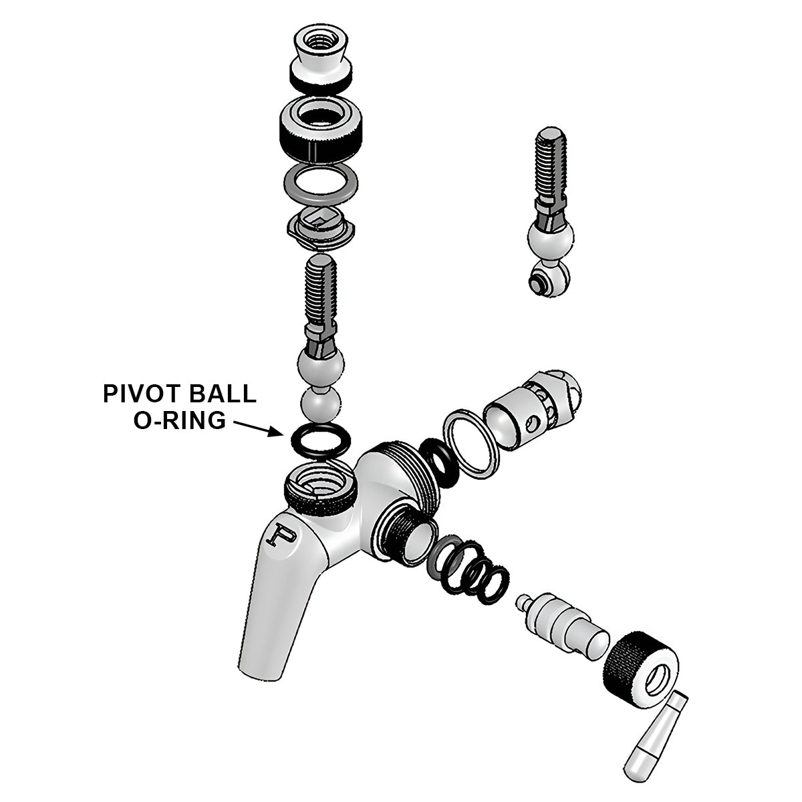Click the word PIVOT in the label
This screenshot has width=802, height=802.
pyautogui.click(x=140, y=394)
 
